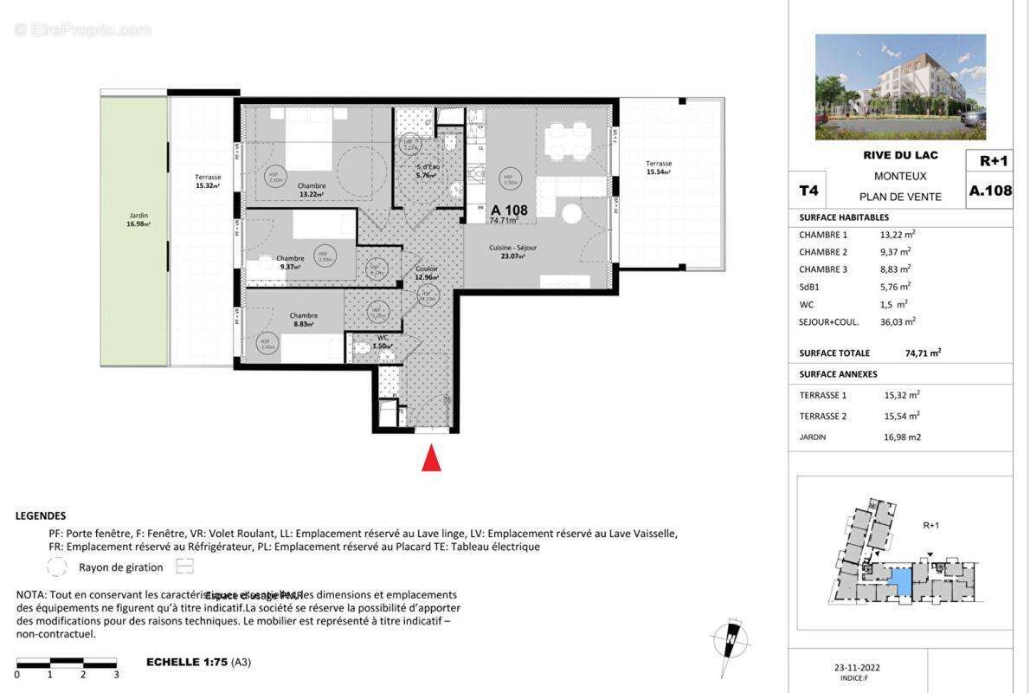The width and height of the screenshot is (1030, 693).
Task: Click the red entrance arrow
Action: pyautogui.click(x=431, y=458)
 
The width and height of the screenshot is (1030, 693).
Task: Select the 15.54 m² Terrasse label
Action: pyautogui.click(x=658, y=167)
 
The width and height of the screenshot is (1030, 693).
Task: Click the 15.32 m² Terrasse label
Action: pyautogui.click(x=208, y=181)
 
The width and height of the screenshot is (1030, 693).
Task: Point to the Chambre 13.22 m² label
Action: pyautogui.click(x=311, y=190)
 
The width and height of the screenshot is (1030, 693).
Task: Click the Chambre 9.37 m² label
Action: pyautogui.click(x=290, y=262)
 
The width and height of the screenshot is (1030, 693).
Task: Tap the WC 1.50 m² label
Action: pyautogui.click(x=383, y=341)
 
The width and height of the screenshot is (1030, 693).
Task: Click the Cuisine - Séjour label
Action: pyautogui.click(x=513, y=251)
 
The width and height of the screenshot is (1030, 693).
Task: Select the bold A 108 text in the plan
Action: pyautogui.click(x=509, y=210)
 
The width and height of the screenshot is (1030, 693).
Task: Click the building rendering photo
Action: pyautogui.click(x=900, y=87)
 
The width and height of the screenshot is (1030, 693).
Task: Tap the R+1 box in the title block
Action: pyautogui.click(x=993, y=161)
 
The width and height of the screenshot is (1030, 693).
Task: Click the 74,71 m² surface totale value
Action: pyautogui.click(x=923, y=353)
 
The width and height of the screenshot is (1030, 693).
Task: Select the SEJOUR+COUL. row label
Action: pyautogui.click(x=828, y=321)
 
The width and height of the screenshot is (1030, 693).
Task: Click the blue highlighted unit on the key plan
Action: pyautogui.click(x=901, y=580)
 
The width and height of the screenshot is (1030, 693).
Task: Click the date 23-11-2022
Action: pyautogui.click(x=857, y=667)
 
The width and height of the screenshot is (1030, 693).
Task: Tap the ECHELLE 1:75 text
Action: pyautogui.click(x=186, y=662)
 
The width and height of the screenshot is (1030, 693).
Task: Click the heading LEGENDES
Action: pyautogui.click(x=41, y=515)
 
